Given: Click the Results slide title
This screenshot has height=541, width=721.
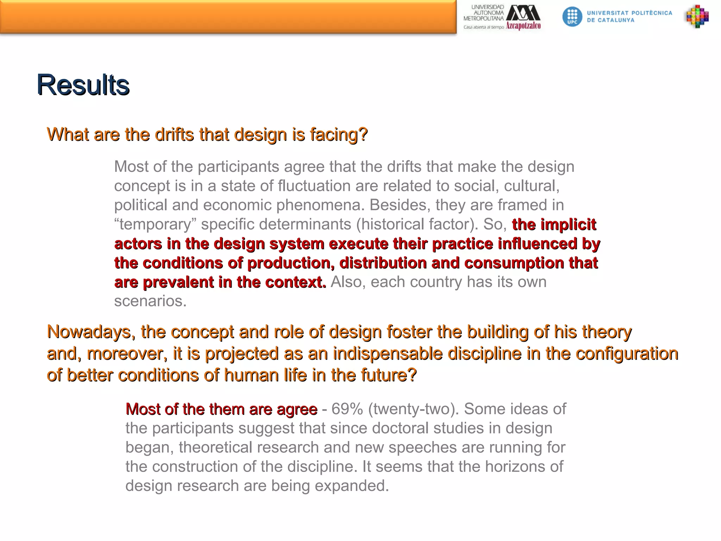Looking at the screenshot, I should pyautogui.click(x=83, y=85).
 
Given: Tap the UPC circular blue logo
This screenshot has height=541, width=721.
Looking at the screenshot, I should pyautogui.click(x=572, y=17).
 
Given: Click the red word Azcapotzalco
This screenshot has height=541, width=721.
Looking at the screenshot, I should pyautogui.click(x=523, y=26).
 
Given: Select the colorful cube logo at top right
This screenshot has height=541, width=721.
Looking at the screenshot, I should pyautogui.click(x=697, y=17).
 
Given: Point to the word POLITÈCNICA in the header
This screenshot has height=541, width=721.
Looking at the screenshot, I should pyautogui.click(x=652, y=13).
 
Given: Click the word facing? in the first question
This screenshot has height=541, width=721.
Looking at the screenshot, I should pyautogui.click(x=339, y=134).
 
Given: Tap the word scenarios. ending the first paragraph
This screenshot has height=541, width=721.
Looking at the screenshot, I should pyautogui.click(x=150, y=301).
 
